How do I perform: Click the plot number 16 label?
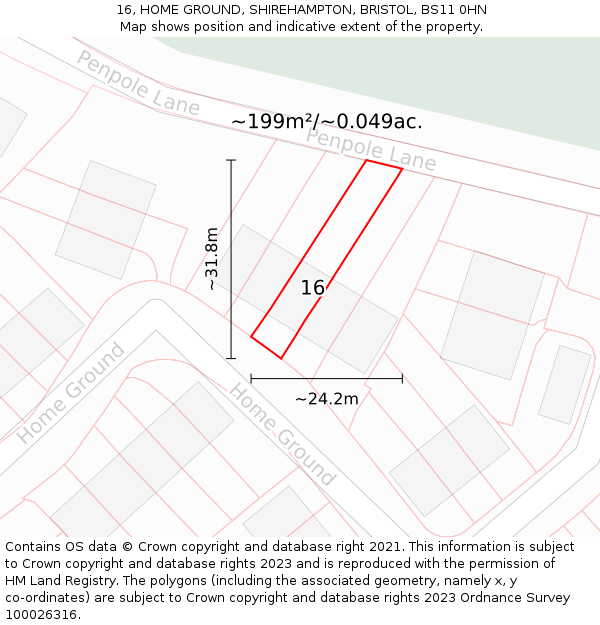click(313, 288)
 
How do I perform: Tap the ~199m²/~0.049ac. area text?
click(327, 122)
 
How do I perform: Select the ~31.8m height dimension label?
click(211, 258)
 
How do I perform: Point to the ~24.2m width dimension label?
click(326, 399)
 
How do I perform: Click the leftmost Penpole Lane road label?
click(137, 83)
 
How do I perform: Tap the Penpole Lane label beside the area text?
click(371, 148)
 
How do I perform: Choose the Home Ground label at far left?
click(71, 393)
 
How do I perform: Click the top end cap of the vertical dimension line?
click(231, 160)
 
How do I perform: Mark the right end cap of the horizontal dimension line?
click(402, 379)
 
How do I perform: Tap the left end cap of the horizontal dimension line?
click(251, 379)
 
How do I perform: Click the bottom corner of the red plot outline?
click(281, 358)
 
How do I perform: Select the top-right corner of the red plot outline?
click(402, 169)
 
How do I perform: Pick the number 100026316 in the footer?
click(40, 615)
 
